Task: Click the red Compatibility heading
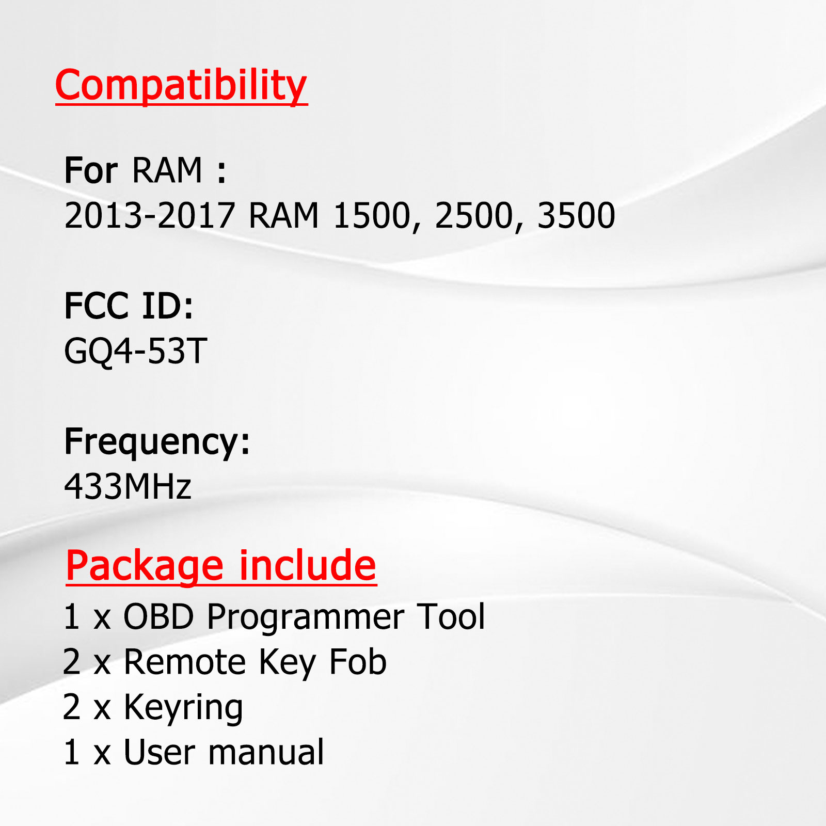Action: tap(181, 86)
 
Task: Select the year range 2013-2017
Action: tap(150, 215)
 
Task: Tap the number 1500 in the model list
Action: tap(372, 215)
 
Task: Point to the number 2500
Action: tap(474, 215)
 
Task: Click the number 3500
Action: tap(576, 215)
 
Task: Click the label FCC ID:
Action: tap(129, 306)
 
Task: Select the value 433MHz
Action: tap(128, 486)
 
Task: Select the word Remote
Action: tap(185, 662)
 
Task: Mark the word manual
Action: tap(266, 752)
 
